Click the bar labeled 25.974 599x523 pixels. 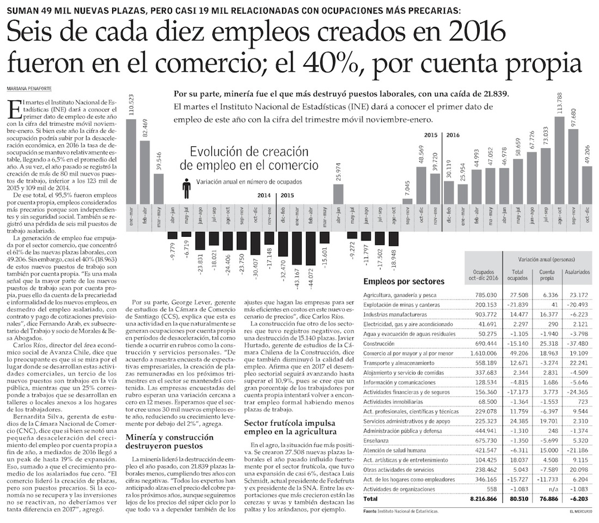tap(338, 193)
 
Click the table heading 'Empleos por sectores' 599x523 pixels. tap(403, 281)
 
